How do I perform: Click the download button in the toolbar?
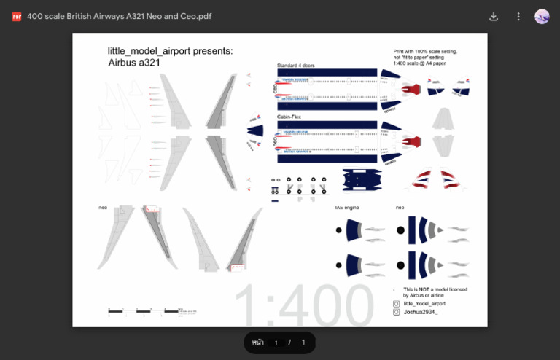[494, 16]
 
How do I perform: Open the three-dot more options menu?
[518, 16]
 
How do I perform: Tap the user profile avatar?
[542, 16]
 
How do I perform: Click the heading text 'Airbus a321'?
[134, 63]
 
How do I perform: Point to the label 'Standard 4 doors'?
[295, 66]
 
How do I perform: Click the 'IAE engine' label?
[347, 208]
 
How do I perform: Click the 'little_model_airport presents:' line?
[171, 51]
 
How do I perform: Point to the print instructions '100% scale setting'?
[425, 52]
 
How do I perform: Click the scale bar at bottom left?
[144, 311]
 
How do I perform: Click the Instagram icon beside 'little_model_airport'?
[397, 303]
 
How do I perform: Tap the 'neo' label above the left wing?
[103, 208]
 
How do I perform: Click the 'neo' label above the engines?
[400, 208]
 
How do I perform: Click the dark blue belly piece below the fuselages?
[362, 179]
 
